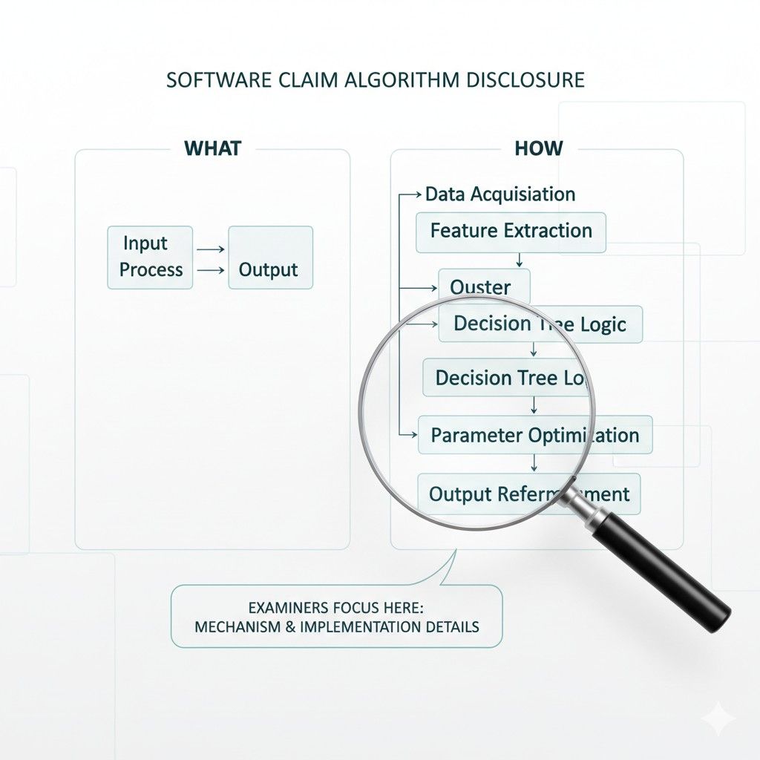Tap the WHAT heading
pyautogui.click(x=212, y=148)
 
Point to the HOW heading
pyautogui.click(x=539, y=148)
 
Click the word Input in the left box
pyautogui.click(x=145, y=243)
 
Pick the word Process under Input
pyautogui.click(x=151, y=270)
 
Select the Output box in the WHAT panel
pyautogui.click(x=270, y=258)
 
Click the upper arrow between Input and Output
pyautogui.click(x=212, y=250)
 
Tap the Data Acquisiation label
pyautogui.click(x=499, y=194)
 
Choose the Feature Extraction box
pyautogui.click(x=511, y=231)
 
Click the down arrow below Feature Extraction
pyautogui.click(x=519, y=260)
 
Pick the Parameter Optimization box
pyautogui.click(x=534, y=435)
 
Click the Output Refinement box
pyautogui.click(x=528, y=494)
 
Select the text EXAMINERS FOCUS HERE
pyautogui.click(x=335, y=607)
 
